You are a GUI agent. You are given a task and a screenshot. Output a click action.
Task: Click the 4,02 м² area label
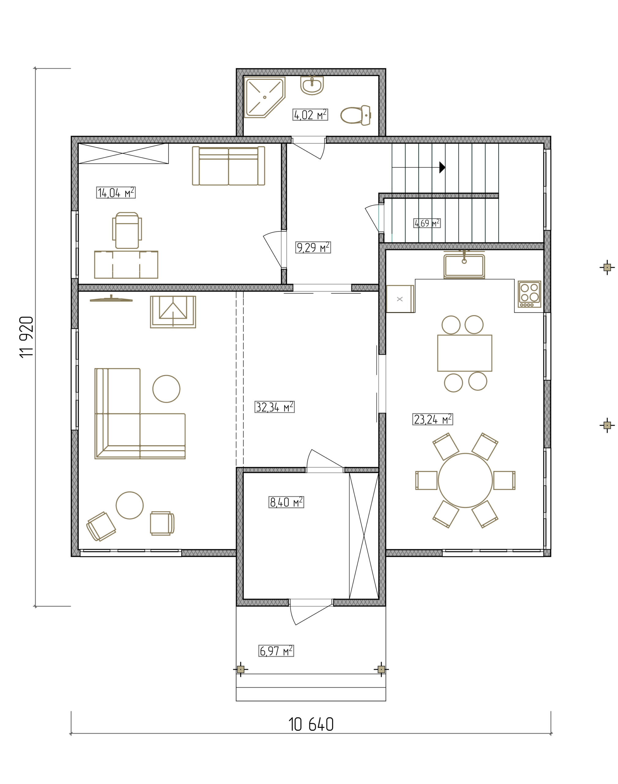(x=310, y=115)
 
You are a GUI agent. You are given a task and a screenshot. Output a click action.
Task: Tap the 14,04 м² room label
(x=116, y=192)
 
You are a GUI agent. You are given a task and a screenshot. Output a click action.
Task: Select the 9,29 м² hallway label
(x=313, y=247)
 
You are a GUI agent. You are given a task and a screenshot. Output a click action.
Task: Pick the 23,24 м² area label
(x=433, y=419)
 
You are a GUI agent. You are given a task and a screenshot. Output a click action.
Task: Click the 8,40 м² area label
(x=286, y=502)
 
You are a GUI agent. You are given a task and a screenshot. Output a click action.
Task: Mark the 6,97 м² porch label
(x=276, y=651)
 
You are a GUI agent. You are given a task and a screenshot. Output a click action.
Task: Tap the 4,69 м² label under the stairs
(x=427, y=223)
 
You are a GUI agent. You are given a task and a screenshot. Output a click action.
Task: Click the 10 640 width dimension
(x=311, y=725)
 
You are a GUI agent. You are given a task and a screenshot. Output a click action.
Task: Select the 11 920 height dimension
(x=26, y=337)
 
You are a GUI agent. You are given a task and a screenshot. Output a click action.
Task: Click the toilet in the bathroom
(x=356, y=115)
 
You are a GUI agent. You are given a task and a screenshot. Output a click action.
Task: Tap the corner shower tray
(x=264, y=97)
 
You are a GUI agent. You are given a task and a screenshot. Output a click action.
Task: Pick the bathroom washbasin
(x=312, y=85)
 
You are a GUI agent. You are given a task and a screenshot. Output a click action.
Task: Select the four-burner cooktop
(x=529, y=294)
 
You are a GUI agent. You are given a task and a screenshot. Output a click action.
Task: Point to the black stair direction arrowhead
(x=442, y=167)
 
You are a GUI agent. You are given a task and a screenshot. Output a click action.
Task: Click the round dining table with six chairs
(x=465, y=480)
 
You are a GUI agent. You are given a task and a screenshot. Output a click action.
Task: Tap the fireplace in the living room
(x=173, y=312)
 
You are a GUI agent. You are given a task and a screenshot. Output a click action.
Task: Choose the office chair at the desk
(x=127, y=230)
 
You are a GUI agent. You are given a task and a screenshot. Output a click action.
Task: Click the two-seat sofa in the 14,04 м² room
(x=228, y=166)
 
